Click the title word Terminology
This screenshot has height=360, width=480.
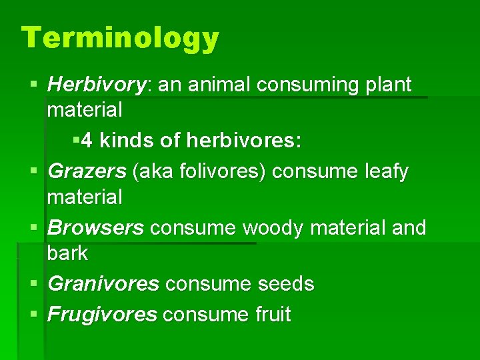point(120,38)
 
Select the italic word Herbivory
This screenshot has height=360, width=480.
point(97,85)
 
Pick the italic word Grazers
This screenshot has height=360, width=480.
point(87,172)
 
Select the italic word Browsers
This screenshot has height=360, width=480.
point(95,228)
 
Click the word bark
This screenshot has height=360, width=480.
point(67,253)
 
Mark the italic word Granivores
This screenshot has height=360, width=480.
point(103,284)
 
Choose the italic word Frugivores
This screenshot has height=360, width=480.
point(102,315)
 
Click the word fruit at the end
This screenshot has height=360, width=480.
point(268,315)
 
